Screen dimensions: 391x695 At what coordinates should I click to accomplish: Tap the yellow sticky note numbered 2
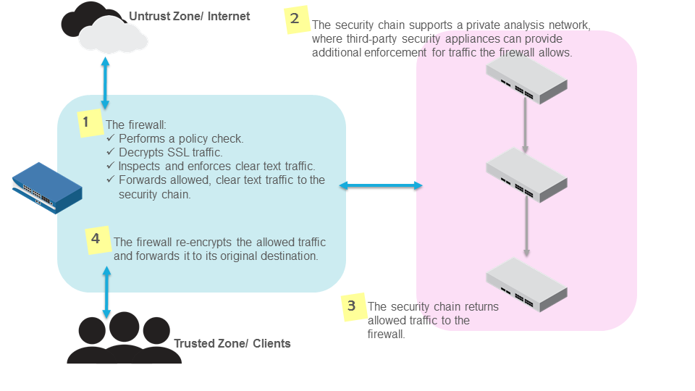(295, 20)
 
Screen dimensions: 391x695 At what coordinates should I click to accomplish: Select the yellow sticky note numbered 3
(352, 306)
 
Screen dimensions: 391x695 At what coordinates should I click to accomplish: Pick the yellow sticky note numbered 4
(96, 239)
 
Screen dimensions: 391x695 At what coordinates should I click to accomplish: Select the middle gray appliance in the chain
(525, 175)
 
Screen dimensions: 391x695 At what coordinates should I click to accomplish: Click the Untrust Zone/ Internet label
(189, 16)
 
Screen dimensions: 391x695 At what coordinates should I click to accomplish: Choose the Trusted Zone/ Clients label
(232, 343)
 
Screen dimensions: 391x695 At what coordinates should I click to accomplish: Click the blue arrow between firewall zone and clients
(107, 293)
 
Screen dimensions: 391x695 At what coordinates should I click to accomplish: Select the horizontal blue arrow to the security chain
(381, 186)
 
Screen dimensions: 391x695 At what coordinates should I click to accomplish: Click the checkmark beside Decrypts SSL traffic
(111, 152)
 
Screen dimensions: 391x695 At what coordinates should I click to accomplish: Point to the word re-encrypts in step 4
(193, 242)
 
